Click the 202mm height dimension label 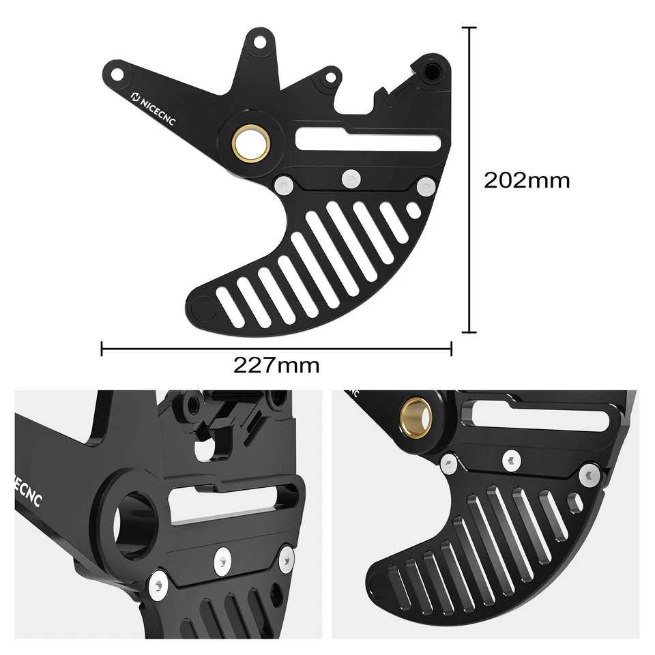[526, 180]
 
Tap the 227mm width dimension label [276, 365]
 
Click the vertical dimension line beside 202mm [469, 180]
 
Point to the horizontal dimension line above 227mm [276, 349]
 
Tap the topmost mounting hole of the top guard [259, 42]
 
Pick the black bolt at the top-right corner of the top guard [431, 70]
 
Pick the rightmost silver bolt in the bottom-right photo [588, 475]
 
